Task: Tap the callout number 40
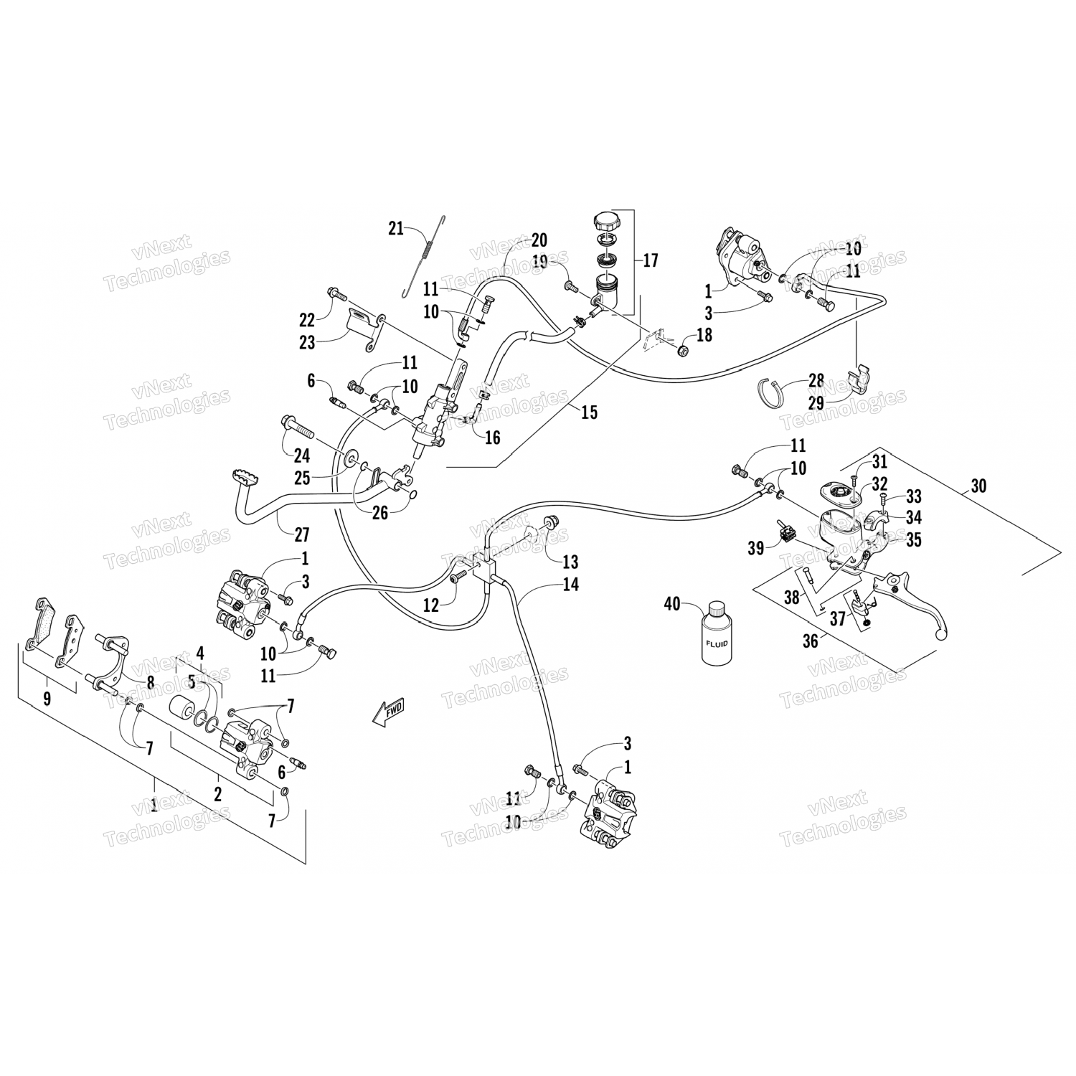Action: click(x=671, y=605)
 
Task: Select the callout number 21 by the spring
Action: click(x=395, y=229)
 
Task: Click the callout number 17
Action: click(x=650, y=260)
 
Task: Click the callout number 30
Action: click(x=978, y=486)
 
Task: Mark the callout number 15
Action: click(x=589, y=412)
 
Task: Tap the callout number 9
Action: click(x=47, y=699)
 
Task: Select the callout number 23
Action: click(x=307, y=343)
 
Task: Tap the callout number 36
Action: click(x=810, y=641)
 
